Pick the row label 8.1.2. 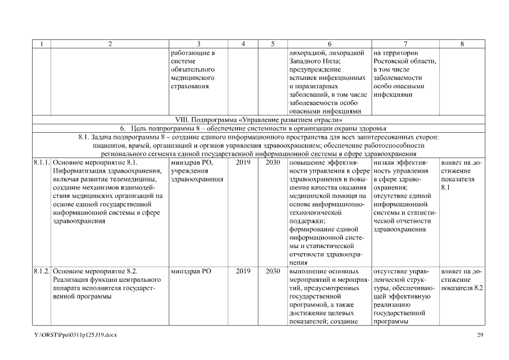point(41,271)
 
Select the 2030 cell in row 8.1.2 point(272,271)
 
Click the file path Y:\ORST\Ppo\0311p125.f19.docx point(75,335)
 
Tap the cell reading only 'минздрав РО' point(190,271)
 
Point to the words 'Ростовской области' point(404,61)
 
